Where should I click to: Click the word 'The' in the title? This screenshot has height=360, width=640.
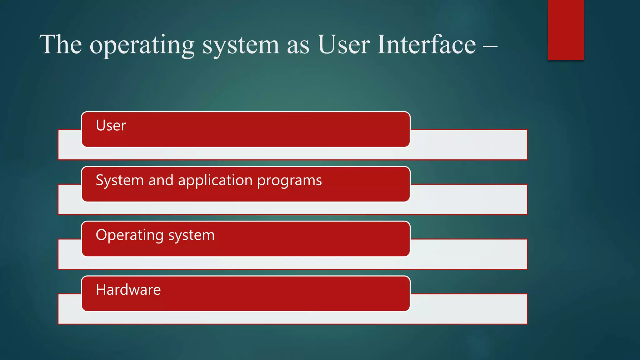pyautogui.click(x=61, y=44)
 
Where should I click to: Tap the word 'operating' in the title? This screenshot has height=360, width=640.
pyautogui.click(x=142, y=46)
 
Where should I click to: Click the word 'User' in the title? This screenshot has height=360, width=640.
pyautogui.click(x=343, y=44)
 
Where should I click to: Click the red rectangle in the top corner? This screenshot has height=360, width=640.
pyautogui.click(x=566, y=30)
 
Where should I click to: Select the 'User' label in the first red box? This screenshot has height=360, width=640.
pyautogui.click(x=111, y=125)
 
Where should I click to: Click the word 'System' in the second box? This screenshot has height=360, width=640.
pyautogui.click(x=119, y=181)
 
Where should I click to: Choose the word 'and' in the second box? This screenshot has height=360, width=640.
pyautogui.click(x=161, y=180)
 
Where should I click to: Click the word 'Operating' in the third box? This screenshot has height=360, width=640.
pyautogui.click(x=129, y=236)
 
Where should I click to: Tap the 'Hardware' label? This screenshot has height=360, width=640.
pyautogui.click(x=128, y=290)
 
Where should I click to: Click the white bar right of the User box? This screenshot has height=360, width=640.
pyautogui.click(x=469, y=145)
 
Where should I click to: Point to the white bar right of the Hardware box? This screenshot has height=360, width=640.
pyautogui.click(x=469, y=309)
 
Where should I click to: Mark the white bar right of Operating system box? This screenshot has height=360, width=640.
pyautogui.click(x=469, y=254)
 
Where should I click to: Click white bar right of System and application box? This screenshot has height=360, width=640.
pyautogui.click(x=469, y=199)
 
